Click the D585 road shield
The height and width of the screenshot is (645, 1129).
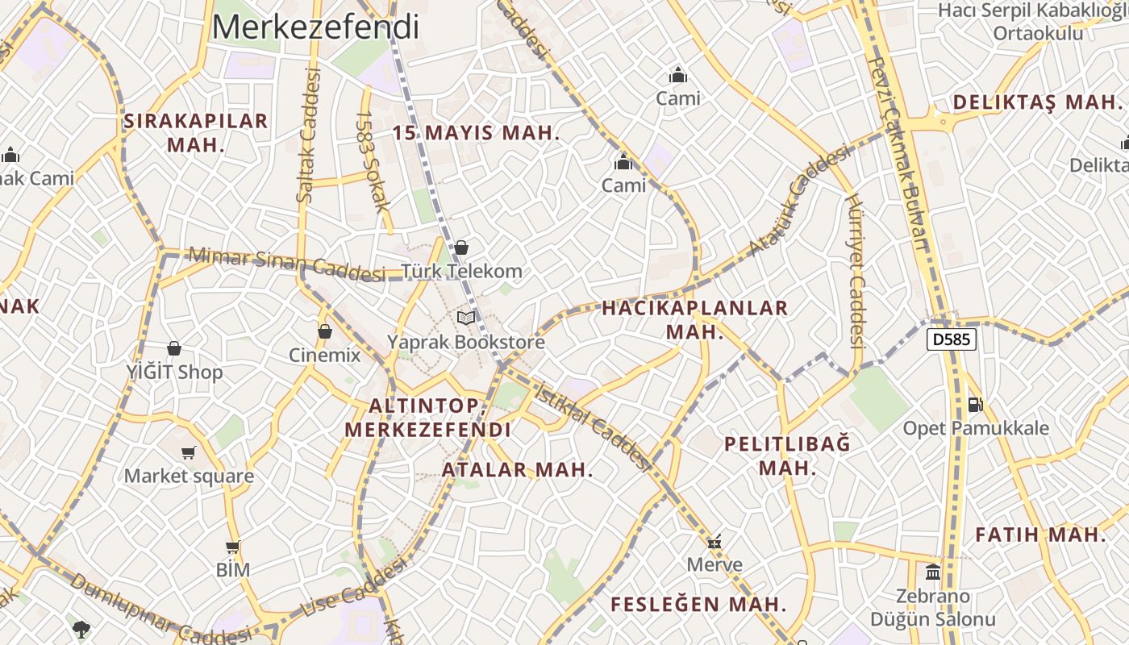(x=952, y=339)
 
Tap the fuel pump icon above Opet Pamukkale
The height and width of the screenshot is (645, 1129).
(x=976, y=404)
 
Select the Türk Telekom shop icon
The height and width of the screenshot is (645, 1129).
(x=461, y=248)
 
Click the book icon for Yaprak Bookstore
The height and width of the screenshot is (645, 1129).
(x=466, y=318)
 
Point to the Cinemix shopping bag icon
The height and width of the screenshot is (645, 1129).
(x=325, y=331)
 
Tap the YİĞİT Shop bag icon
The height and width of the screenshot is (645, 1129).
(x=174, y=348)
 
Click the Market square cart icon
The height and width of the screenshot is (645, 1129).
(x=189, y=452)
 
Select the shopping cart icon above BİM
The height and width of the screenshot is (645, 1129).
(x=233, y=547)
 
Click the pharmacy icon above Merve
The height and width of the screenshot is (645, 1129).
(x=714, y=541)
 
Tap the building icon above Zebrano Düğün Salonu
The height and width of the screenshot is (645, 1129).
(x=933, y=572)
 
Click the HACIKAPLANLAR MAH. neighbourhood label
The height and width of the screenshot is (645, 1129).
(x=694, y=319)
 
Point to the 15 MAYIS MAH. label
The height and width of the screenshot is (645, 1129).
(x=476, y=133)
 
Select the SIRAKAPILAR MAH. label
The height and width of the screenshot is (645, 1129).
(x=195, y=133)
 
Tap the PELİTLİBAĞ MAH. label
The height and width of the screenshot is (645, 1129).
(x=787, y=456)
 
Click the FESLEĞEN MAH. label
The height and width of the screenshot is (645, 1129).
(x=698, y=604)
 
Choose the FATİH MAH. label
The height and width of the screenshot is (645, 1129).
(x=1040, y=535)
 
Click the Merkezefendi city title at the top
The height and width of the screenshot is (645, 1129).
(x=315, y=27)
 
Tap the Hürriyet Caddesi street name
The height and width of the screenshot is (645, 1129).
(x=856, y=271)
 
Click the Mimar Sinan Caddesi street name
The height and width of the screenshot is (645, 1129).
(x=286, y=265)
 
